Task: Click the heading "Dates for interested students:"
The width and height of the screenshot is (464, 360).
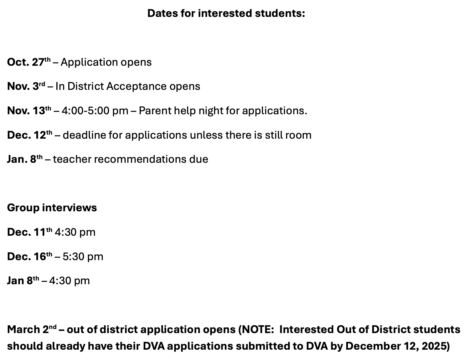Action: click(226, 13)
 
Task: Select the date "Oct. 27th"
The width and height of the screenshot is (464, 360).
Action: click(28, 62)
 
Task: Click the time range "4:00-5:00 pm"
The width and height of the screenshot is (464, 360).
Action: click(95, 111)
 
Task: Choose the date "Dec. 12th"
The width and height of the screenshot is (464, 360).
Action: click(30, 135)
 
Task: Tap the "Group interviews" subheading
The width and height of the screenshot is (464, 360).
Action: click(52, 208)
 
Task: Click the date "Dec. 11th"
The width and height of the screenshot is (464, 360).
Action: click(30, 232)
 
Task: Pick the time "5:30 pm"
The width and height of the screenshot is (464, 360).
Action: click(83, 256)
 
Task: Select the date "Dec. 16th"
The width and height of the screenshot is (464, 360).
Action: click(30, 256)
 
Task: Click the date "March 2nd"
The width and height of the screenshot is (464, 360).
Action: click(32, 329)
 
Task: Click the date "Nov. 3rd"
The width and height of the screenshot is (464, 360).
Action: click(26, 86)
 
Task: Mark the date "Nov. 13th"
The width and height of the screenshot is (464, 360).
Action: click(29, 111)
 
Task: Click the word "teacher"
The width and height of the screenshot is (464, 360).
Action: click(72, 159)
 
